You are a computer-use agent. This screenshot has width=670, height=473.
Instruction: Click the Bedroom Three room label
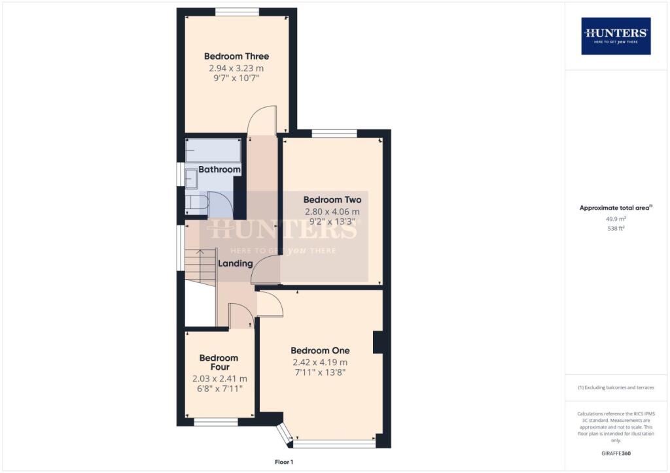[x=236, y=56]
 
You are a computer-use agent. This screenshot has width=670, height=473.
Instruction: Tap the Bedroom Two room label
[x=332, y=199]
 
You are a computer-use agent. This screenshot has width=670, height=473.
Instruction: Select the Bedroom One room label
[x=320, y=350]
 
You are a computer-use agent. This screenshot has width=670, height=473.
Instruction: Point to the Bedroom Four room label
[x=219, y=363]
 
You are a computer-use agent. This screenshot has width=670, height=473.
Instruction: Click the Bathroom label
[x=219, y=169]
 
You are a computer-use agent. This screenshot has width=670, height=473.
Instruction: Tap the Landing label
[x=235, y=263]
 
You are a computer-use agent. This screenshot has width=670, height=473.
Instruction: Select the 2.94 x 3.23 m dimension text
[x=236, y=68]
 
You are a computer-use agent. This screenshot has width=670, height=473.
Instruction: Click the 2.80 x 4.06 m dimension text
[x=332, y=212]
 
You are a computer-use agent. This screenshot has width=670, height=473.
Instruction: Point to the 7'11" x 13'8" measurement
[x=319, y=372]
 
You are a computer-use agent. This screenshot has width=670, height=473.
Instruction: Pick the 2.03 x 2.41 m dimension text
[x=219, y=378]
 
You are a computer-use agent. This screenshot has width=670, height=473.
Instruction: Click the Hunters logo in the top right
[x=616, y=36]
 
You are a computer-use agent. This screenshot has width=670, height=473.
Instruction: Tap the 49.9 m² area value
[x=616, y=220]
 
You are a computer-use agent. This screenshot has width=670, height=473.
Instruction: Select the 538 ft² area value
[x=616, y=229]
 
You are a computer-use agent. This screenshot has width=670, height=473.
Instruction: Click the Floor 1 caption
[x=285, y=462]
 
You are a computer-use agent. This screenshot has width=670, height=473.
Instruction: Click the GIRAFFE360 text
[x=616, y=453]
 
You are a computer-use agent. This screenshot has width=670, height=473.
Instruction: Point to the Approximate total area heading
[x=615, y=208]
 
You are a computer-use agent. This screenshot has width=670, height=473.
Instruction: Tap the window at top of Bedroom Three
[x=237, y=11]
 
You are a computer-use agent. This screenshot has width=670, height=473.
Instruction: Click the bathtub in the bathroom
[x=213, y=152]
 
